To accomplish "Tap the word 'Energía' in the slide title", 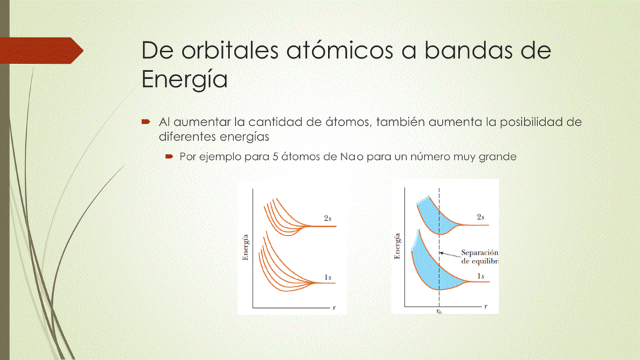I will click(x=185, y=80).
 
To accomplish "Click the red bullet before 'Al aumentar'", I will click(x=145, y=123).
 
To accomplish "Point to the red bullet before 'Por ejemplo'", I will click(x=169, y=158).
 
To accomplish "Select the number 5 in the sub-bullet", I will click(x=262, y=158).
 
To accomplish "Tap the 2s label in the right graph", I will click(x=480, y=217).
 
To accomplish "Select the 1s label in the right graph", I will click(x=480, y=275).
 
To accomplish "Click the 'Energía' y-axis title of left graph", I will click(x=246, y=247).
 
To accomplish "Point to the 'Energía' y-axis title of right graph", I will click(x=397, y=246).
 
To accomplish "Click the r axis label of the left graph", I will click(x=333, y=308).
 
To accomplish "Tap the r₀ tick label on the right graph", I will click(x=439, y=311).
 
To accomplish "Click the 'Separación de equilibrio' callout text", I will click(x=479, y=257).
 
